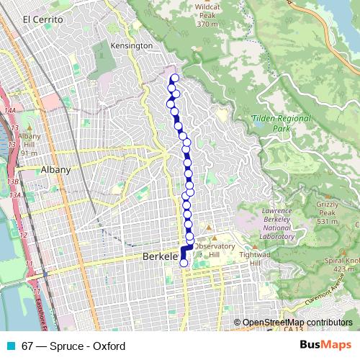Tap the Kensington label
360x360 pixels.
click(x=132, y=45)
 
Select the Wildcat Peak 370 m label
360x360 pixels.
click(x=207, y=15)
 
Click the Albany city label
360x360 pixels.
click(x=56, y=170)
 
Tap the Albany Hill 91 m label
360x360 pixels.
click(x=30, y=144)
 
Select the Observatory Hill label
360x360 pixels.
click(x=216, y=251)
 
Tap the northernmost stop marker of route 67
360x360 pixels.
click(x=174, y=78)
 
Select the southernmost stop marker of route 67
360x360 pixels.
click(x=183, y=263)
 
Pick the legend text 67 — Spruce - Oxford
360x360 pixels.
click(x=63, y=346)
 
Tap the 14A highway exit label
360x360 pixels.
click(x=10, y=110)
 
